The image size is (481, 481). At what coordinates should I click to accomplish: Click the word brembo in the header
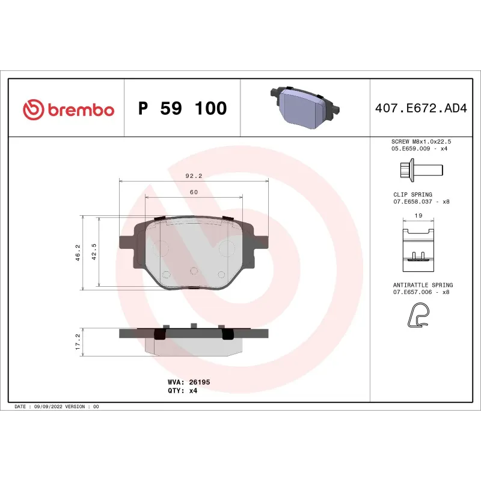[80, 109]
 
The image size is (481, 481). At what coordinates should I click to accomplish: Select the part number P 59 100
[183, 109]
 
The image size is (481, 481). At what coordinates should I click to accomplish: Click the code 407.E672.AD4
[420, 109]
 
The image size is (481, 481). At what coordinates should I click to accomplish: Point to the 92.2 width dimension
[193, 176]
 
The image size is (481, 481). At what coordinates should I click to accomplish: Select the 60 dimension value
[194, 192]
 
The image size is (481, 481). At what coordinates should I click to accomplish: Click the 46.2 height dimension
[78, 252]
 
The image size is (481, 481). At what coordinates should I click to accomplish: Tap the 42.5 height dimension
[94, 252]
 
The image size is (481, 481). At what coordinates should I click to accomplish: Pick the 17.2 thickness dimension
[78, 342]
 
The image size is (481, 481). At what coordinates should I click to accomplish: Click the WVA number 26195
[199, 382]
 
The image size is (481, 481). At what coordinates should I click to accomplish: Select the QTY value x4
[192, 390]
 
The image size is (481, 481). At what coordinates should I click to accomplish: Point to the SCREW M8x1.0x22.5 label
[420, 141]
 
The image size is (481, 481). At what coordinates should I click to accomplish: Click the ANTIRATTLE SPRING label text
[423, 285]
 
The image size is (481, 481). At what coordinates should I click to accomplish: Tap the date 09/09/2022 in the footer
[48, 406]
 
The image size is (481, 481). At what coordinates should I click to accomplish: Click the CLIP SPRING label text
[412, 195]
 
